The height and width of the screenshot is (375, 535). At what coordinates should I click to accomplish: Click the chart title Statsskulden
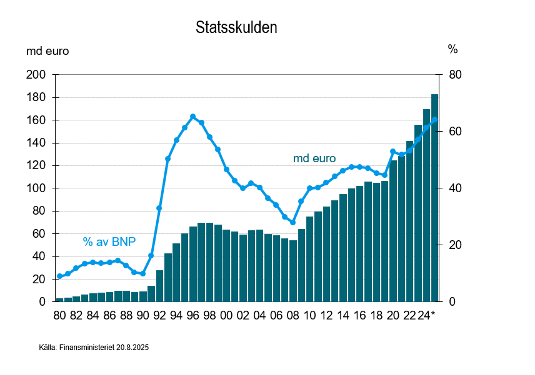pos(236,28)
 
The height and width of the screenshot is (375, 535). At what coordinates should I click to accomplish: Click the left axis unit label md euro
pos(47,51)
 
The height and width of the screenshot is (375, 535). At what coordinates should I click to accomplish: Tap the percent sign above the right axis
pos(452,49)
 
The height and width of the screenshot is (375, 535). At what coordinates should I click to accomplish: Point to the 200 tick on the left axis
pos(37,75)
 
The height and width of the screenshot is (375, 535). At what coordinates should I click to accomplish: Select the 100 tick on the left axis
pos(37,188)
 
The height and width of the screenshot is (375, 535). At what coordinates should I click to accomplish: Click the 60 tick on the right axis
pos(454,132)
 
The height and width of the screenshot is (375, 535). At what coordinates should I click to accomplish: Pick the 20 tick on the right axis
pos(454,245)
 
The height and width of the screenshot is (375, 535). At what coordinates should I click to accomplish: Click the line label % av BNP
pos(109,242)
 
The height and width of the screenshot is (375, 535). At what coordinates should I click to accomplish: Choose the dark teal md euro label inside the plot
pos(314,158)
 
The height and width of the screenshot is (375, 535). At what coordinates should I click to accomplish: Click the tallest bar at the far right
pos(434,198)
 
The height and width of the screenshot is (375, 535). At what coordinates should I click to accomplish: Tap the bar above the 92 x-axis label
pos(159,286)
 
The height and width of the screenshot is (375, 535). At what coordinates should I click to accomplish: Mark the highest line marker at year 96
pos(193,117)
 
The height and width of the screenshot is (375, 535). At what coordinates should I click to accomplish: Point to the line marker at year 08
pos(292,222)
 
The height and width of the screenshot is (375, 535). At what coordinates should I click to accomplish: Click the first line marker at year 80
pos(59,276)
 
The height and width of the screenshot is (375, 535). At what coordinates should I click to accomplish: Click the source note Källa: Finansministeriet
pos(94,347)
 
